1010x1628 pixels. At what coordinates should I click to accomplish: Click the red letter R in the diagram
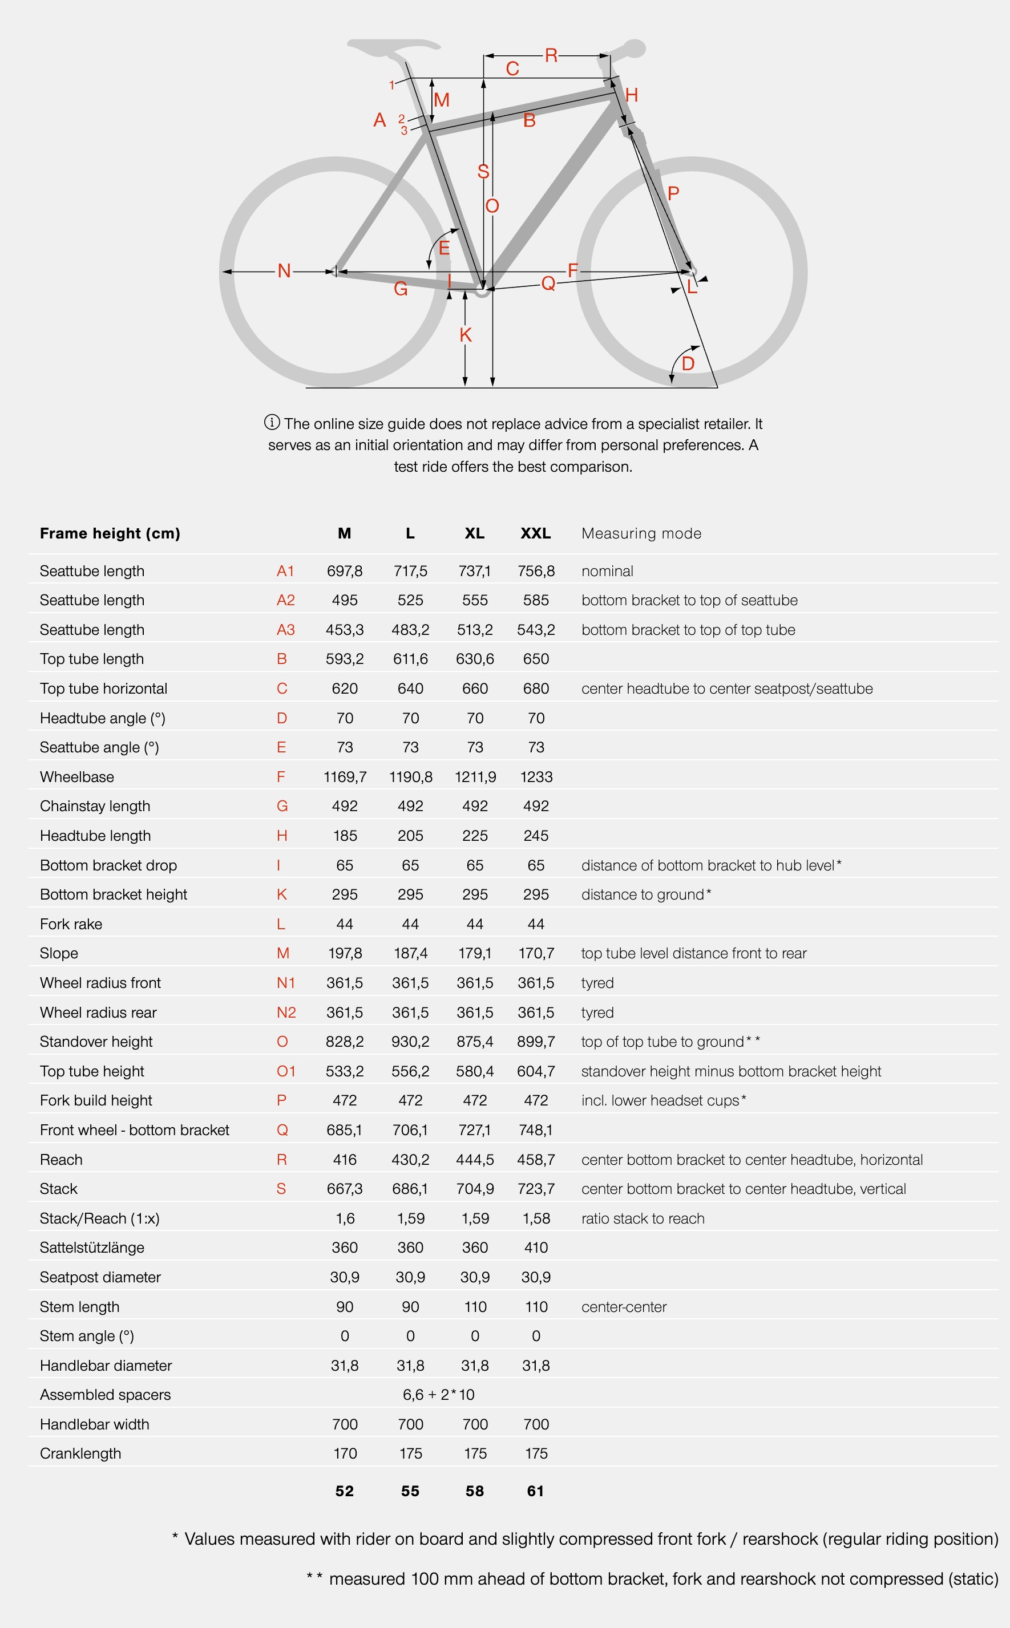551,55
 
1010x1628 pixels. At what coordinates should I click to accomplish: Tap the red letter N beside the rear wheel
284,270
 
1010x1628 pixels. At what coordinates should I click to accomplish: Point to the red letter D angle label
688,364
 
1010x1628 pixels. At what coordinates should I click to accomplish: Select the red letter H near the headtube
631,95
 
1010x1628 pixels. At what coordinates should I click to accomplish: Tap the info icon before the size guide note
272,422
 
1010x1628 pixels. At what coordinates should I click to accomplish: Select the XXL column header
536,533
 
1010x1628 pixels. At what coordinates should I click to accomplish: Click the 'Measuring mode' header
641,533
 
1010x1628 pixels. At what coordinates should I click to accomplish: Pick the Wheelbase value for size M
345,776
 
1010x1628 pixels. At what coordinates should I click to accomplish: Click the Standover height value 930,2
410,1041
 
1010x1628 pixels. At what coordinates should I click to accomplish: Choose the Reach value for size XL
475,1159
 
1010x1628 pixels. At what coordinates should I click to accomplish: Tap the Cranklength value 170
345,1453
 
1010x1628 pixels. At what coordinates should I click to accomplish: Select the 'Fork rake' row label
71,924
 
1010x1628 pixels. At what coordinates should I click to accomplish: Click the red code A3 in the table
285,630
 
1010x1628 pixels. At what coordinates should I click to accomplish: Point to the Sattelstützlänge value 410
536,1248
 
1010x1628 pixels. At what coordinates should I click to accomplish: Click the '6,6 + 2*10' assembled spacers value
438,1394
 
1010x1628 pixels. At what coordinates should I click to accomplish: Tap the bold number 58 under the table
475,1491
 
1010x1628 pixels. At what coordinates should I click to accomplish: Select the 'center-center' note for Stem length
624,1307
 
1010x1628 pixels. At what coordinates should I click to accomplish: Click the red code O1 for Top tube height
286,1071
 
